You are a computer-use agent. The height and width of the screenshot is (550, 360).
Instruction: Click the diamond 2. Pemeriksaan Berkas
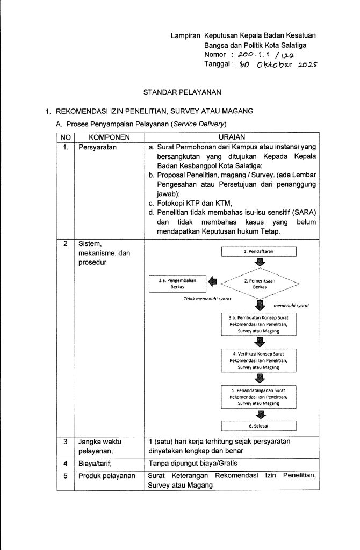coord(260,283)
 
